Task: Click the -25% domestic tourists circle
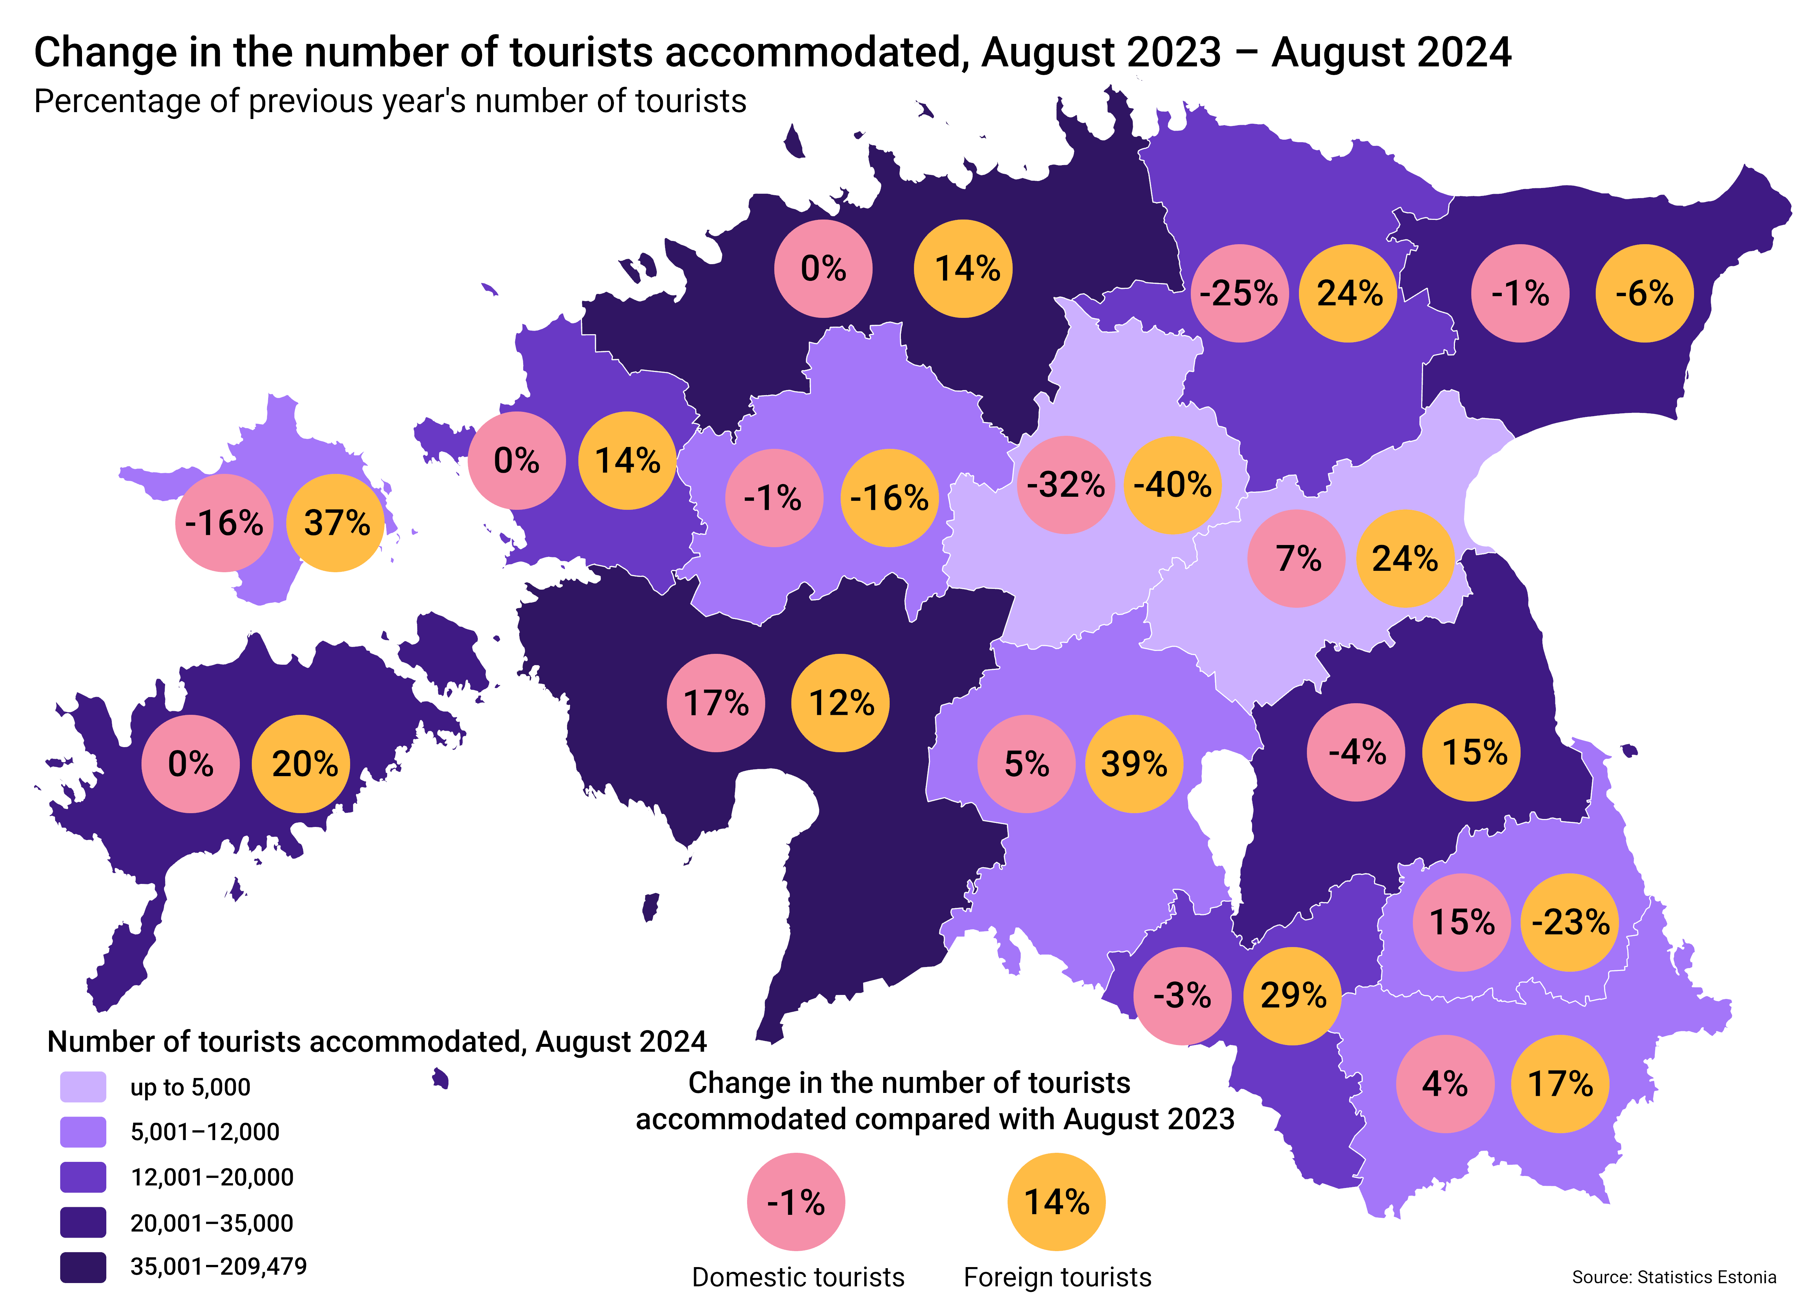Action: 1239,294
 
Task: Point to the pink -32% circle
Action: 1066,485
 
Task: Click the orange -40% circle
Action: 1173,485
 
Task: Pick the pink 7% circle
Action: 1297,559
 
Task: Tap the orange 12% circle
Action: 840,703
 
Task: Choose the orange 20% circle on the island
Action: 301,764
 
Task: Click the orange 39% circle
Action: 1134,764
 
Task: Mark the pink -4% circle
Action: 1356,752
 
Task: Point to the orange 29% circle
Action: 1292,996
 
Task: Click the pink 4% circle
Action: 1444,1084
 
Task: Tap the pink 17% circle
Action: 716,703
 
